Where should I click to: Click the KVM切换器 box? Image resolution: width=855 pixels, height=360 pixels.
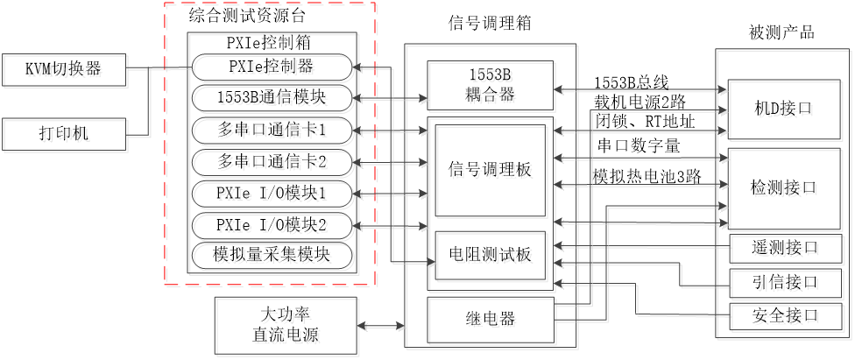tap(66, 71)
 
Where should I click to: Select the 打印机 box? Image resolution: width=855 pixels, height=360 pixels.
tap(66, 135)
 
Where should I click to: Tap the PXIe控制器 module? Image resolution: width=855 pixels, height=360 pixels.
tap(274, 67)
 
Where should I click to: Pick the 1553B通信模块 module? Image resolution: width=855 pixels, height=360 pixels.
tap(274, 99)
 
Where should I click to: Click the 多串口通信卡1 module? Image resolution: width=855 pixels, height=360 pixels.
tap(274, 131)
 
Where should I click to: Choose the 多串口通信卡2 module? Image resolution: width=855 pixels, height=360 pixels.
tap(274, 163)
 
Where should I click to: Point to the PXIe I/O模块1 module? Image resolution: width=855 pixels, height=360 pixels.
tap(274, 194)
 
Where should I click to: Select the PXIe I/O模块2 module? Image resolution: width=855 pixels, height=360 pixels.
tap(274, 226)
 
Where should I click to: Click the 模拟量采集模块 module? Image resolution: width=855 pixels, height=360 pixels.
tap(274, 258)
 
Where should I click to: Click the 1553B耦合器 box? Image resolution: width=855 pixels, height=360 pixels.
tap(491, 87)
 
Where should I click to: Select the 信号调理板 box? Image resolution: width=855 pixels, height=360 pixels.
tap(491, 172)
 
